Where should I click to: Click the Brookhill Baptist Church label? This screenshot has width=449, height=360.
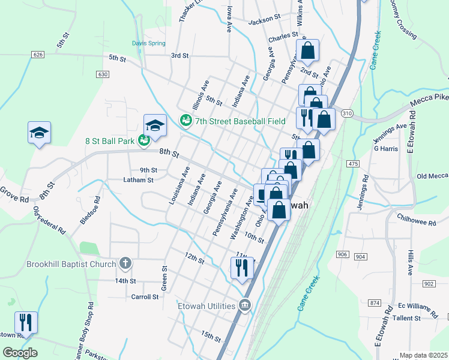tap(71, 264)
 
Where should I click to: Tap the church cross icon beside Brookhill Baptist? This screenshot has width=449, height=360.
tap(125, 263)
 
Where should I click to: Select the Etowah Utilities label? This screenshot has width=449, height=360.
tap(206, 306)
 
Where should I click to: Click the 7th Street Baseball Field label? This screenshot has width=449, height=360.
tap(240, 121)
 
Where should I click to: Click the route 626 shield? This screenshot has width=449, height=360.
tap(38, 55)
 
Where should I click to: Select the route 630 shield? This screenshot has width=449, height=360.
tap(102, 74)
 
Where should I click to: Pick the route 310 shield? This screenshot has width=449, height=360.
tap(346, 113)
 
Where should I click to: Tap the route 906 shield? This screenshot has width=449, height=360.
tap(343, 255)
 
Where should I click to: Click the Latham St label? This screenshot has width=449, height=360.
tap(138, 179)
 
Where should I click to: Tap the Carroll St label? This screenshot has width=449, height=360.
tap(145, 296)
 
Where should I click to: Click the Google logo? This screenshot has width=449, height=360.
tap(20, 353)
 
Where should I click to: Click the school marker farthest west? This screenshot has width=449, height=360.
tap(39, 133)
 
